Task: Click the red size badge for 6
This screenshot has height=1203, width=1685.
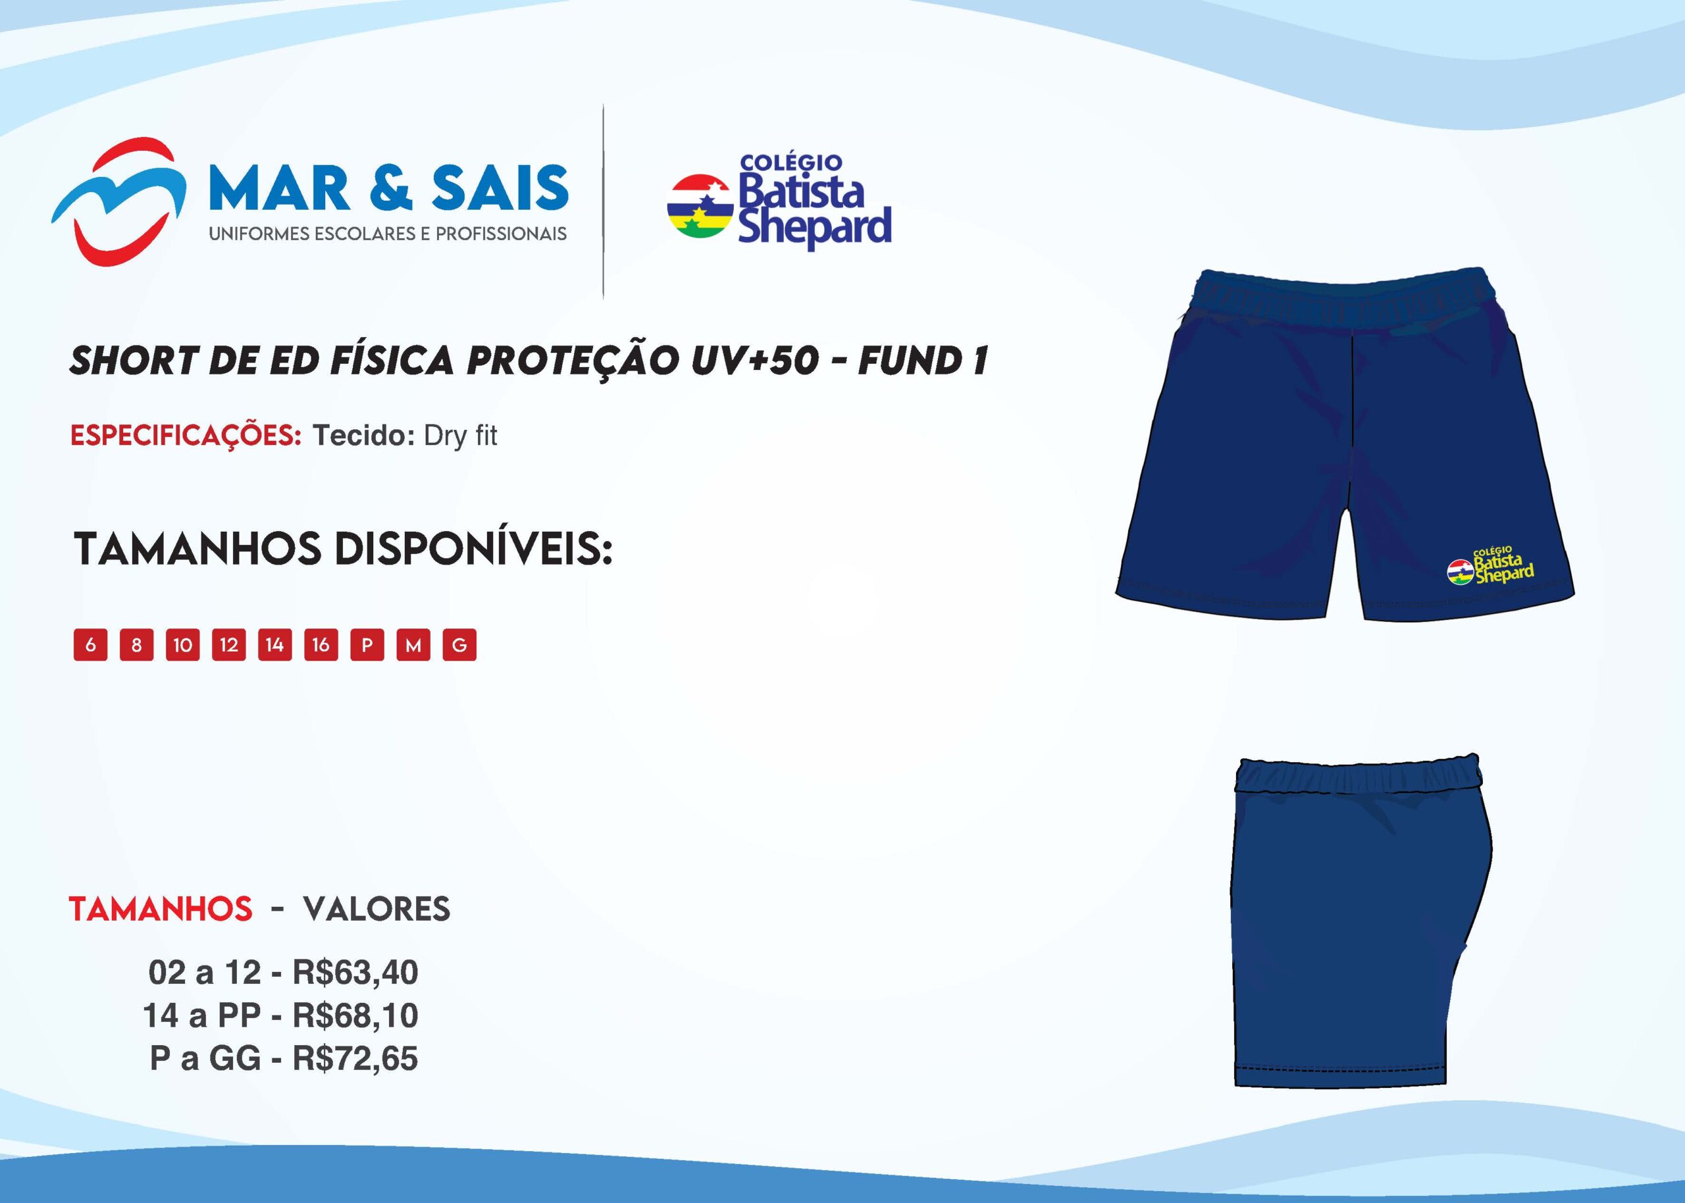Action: tap(90, 644)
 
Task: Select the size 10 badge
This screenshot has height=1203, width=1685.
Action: tap(183, 644)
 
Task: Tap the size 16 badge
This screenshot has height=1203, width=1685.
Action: tap(321, 644)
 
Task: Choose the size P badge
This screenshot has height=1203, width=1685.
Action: tap(367, 644)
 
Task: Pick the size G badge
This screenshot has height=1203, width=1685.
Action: tap(459, 644)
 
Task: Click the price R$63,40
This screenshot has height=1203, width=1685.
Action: tap(355, 973)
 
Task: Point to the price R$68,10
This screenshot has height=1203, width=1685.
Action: tap(355, 1015)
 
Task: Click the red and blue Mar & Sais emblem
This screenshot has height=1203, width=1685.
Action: tap(118, 201)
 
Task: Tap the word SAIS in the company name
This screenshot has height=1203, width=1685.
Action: tap(501, 188)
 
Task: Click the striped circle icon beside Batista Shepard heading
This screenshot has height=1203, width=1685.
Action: tap(700, 207)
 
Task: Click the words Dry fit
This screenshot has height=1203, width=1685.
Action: tap(460, 436)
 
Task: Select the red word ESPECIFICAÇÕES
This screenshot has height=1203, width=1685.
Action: tap(186, 436)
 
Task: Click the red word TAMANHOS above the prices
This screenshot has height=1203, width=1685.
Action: tap(161, 909)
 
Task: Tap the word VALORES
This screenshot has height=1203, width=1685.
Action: tap(376, 909)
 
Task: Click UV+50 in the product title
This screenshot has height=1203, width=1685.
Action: tap(755, 361)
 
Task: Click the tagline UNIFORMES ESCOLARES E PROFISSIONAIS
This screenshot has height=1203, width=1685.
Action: tap(388, 234)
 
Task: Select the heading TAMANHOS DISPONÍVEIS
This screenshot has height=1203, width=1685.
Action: tap(343, 549)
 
